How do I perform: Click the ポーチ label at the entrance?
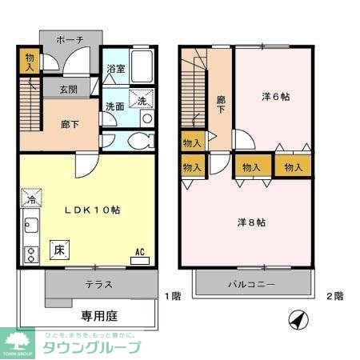pos(71,40)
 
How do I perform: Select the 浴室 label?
pos(115,70)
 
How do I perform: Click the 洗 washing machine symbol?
pos(141,101)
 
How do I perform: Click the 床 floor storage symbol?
pos(58,250)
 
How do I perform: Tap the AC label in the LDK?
pos(139,252)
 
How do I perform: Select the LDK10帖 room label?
pos(93,210)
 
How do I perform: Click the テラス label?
pos(99,283)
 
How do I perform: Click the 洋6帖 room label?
pos(275,97)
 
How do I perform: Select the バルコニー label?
pos(251,285)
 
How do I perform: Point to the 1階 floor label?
pos(173,296)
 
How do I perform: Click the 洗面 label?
pos(114,106)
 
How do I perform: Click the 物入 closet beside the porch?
pos(29,63)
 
